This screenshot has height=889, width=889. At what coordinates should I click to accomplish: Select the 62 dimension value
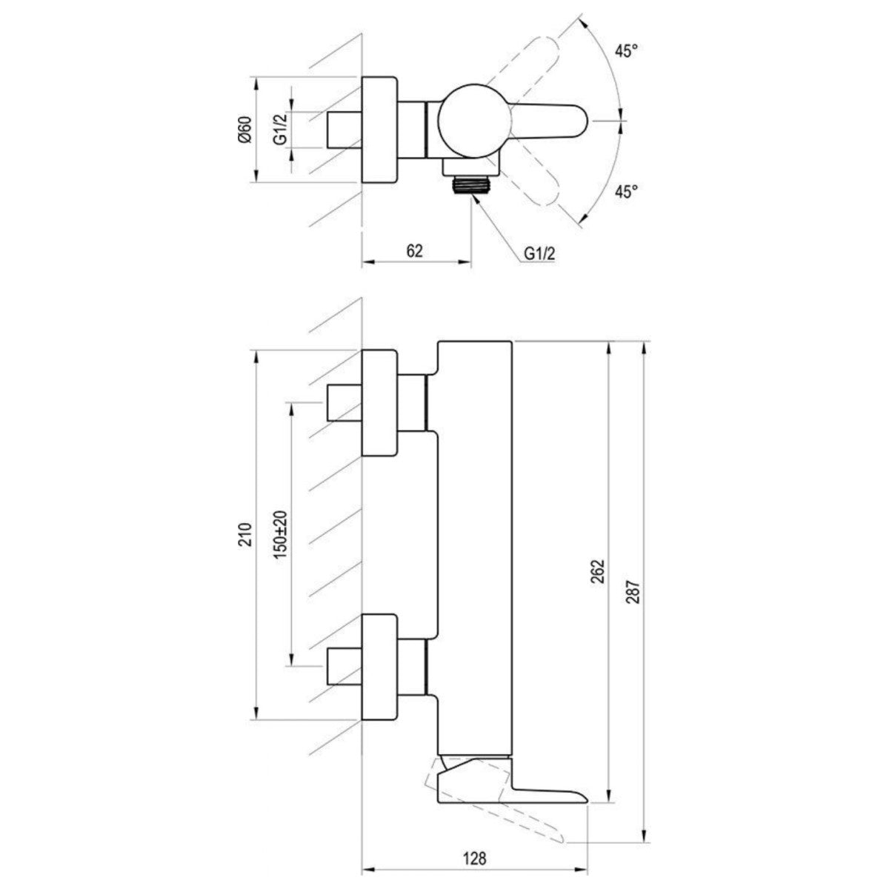pyautogui.click(x=415, y=251)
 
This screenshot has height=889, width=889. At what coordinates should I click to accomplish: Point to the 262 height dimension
pyautogui.click(x=599, y=570)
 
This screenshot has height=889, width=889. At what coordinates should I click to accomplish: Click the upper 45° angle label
pyautogui.click(x=626, y=51)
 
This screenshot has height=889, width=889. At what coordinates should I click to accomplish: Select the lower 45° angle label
pyautogui.click(x=626, y=191)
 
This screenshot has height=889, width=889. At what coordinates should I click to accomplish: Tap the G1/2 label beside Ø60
pyautogui.click(x=280, y=130)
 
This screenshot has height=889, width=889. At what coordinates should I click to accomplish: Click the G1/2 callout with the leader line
pyautogui.click(x=540, y=253)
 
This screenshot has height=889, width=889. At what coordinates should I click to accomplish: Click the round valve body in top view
pyautogui.click(x=472, y=120)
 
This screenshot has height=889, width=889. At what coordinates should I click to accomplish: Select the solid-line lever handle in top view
pyautogui.click(x=548, y=121)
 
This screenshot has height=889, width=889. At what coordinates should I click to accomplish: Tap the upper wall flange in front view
pyautogui.click(x=380, y=403)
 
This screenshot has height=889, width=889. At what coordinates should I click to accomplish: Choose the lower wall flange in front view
pyautogui.click(x=380, y=667)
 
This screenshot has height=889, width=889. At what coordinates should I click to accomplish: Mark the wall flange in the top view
pyautogui.click(x=380, y=129)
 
